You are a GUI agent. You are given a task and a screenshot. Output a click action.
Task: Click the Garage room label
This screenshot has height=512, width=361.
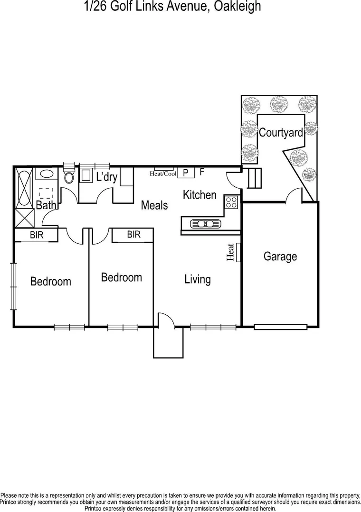point(280,256)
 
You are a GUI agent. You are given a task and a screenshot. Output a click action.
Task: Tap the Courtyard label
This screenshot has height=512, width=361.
point(281,133)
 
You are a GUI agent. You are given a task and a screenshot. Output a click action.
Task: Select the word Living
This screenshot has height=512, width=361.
point(198,279)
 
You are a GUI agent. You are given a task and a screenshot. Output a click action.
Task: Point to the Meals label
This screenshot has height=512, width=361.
point(154,205)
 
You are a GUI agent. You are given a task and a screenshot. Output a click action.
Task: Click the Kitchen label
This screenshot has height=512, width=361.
point(199,194)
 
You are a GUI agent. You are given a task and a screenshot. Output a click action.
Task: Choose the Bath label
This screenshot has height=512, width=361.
point(46,205)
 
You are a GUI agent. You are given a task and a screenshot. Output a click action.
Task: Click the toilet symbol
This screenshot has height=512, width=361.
point(69,177)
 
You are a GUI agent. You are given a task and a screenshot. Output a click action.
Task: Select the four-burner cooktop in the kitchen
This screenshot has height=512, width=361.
point(231,202)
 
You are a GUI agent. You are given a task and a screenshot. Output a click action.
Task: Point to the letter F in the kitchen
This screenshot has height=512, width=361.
point(202,172)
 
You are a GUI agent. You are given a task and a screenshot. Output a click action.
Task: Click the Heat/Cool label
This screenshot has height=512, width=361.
point(163,174)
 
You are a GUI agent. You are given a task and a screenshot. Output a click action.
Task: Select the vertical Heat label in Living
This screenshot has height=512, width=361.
point(231,252)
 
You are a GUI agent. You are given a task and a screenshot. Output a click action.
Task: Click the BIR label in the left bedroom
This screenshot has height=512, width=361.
point(37,235)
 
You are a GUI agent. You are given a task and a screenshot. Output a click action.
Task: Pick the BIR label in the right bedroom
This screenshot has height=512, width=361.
point(133,234)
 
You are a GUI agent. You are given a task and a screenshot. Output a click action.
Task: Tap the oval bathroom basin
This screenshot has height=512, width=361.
point(46,174)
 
